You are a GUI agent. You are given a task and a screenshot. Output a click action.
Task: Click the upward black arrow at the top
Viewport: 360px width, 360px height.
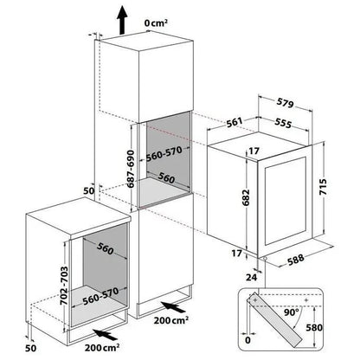pyautogui.click(x=122, y=20)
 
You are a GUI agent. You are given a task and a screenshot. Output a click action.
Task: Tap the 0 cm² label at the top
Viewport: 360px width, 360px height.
pyautogui.click(x=156, y=23)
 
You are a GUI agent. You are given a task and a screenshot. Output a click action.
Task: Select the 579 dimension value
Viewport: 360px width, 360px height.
pyautogui.click(x=285, y=103)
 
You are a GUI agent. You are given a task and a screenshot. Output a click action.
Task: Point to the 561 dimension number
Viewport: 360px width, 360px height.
pyautogui.click(x=234, y=122)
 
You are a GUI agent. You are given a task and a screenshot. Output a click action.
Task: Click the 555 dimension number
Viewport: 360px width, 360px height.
pyautogui.click(x=283, y=123)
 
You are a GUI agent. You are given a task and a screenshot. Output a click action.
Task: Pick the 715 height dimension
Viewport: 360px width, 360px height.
pyautogui.click(x=323, y=187)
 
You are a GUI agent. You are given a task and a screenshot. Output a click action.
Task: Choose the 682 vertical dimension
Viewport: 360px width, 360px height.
pyautogui.click(x=246, y=197)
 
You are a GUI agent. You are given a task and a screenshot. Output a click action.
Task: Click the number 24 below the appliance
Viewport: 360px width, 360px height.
pyautogui.click(x=251, y=277)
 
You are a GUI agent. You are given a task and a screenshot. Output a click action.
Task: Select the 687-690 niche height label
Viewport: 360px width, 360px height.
pyautogui.click(x=131, y=169)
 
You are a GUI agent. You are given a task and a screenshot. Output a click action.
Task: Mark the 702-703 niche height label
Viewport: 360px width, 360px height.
pyautogui.click(x=64, y=286)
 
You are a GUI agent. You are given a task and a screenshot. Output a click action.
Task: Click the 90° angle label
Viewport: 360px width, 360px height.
pyautogui.click(x=292, y=312)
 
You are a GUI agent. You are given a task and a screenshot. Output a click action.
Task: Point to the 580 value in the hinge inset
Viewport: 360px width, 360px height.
pyautogui.click(x=314, y=328)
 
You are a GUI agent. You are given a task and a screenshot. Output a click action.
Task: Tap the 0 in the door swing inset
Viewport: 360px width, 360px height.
pyautogui.click(x=247, y=340)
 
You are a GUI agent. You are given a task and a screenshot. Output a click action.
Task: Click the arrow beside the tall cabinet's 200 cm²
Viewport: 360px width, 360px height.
pyautogui.click(x=173, y=307)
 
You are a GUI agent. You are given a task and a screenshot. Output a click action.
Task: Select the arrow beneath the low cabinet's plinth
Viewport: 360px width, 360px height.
pyautogui.click(x=106, y=335)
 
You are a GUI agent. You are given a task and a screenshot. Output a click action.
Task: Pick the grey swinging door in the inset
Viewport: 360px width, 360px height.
pyautogui.click(x=275, y=319)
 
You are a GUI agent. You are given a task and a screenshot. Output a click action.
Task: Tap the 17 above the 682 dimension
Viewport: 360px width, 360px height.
pyautogui.click(x=254, y=151)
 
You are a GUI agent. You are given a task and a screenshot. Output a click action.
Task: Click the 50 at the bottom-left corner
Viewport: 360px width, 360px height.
pyautogui.click(x=31, y=348)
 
